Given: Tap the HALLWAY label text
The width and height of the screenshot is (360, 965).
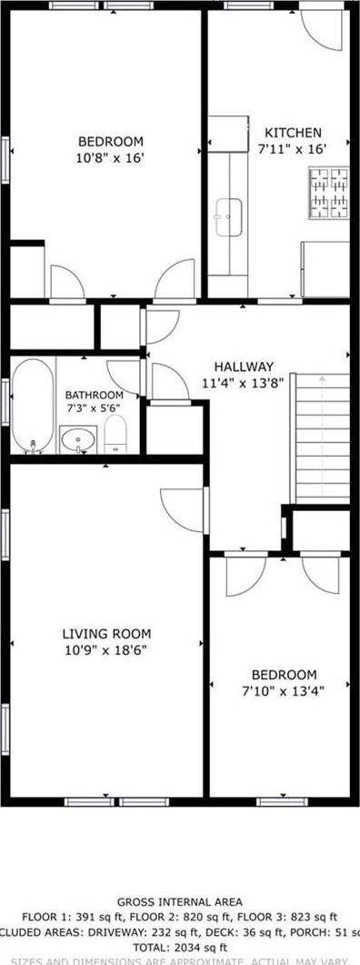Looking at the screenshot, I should coord(244,367).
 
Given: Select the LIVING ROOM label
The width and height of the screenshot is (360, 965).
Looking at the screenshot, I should coord(106,634).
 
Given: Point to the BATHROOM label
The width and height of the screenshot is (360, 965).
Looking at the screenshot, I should coord(94,395).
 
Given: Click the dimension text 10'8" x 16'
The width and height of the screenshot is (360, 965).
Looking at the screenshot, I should coord(110,157).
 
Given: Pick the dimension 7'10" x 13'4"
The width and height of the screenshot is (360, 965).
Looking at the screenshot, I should coord(284,690).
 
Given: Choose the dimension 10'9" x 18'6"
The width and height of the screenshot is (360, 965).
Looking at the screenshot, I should coord(106,650).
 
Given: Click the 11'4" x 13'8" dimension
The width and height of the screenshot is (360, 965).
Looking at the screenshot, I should coord(244,383).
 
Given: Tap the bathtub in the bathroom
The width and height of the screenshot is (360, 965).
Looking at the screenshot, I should coord(34,406).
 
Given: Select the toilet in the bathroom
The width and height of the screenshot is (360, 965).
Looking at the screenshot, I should coord(115,437).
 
